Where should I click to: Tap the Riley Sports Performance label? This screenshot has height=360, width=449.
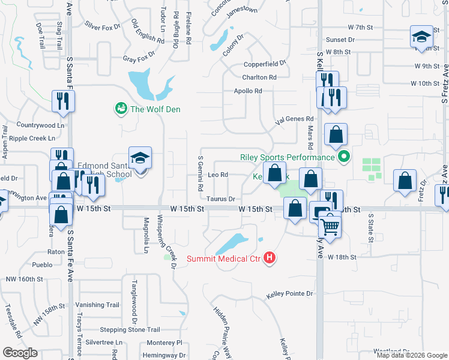[287, 157]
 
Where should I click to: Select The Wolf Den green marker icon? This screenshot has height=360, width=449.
[121, 109]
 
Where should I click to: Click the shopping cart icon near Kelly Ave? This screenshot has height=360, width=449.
[330, 226]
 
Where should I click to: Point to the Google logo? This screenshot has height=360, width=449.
[20, 353]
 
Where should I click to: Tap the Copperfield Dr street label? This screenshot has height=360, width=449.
[267, 64]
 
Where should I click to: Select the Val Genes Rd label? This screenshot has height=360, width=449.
[294, 119]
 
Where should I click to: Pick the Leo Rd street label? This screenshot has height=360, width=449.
[217, 175]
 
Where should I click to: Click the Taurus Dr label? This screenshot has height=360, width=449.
[220, 199]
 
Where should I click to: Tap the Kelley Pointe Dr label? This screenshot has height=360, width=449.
[291, 294]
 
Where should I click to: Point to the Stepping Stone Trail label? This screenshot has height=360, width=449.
[130, 329]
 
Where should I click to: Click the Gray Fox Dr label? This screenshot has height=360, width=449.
[139, 59]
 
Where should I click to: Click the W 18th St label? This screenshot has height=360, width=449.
[342, 257]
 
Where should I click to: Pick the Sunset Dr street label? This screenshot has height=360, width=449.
[340, 40]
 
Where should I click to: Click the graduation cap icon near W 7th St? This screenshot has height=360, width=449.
[421, 37]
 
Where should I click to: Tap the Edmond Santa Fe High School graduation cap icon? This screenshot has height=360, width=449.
[140, 158]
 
